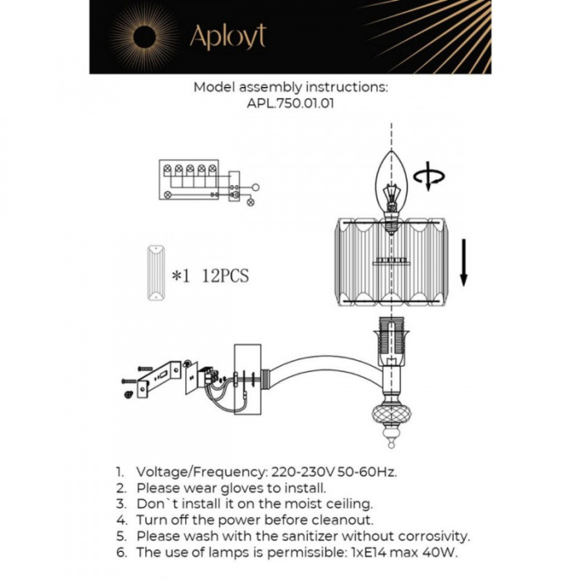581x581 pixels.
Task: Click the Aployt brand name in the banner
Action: click(227, 37)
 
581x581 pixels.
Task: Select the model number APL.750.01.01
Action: click(290, 105)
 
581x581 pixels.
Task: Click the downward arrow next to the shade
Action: click(464, 261)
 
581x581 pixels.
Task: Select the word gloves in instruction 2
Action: click(224, 488)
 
